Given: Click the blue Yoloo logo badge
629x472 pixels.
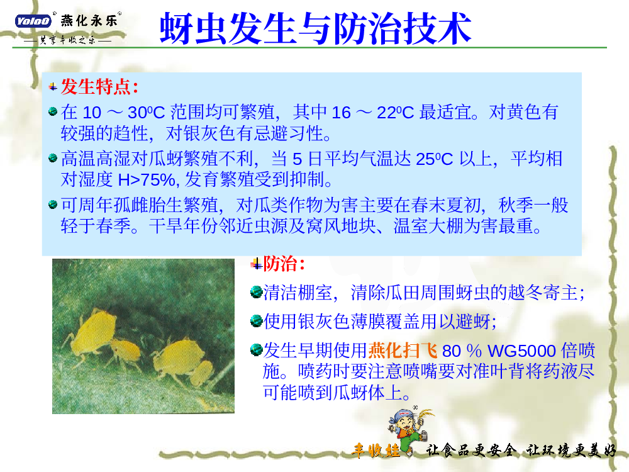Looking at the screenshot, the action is [33, 21].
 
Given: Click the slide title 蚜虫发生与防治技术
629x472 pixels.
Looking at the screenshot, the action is [315, 28].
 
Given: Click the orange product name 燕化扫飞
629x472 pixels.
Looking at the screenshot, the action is [403, 351].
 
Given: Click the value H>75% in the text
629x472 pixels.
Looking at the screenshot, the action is [147, 180].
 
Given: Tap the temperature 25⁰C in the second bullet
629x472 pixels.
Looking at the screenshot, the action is [434, 159].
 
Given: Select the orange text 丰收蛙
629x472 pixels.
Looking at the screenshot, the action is [376, 451].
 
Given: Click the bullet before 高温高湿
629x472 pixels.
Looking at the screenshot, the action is [53, 158].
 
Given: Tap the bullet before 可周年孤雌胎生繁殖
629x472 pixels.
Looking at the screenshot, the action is [53, 205].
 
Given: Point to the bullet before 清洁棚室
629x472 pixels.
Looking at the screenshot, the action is [256, 292].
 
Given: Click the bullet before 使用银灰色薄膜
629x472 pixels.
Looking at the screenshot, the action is [256, 321].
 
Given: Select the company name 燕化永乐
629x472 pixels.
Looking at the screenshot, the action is [89, 21].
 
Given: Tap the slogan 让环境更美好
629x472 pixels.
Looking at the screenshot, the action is [571, 451].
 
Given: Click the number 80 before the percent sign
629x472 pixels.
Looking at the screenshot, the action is [451, 351].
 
